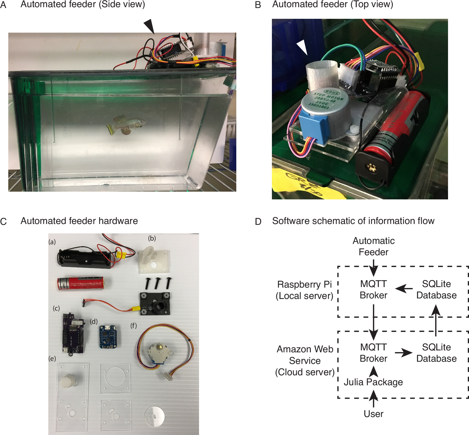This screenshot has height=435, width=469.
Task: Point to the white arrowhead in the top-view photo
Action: tap(303, 46)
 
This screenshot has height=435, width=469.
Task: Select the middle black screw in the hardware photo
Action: tap(157, 283)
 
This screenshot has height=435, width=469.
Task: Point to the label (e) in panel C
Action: tap(52, 358)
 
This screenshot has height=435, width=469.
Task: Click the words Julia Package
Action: tap(373, 382)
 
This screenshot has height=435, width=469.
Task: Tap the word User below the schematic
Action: tap(373, 414)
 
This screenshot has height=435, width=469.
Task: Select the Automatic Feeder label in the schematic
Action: tap(373, 246)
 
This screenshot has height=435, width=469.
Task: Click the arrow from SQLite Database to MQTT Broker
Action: tap(404, 289)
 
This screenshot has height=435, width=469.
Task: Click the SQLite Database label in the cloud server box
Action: tap(436, 353)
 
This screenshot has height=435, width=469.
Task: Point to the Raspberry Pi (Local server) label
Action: tap(304, 290)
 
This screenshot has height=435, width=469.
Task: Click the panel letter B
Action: tap(258, 5)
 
